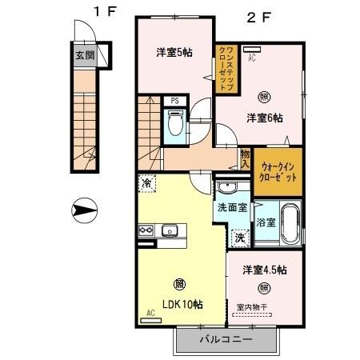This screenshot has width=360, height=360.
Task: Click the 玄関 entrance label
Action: (x=85, y=57)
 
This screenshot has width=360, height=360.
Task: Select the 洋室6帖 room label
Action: (x=264, y=118)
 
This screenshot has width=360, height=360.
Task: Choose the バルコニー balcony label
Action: (x=225, y=339)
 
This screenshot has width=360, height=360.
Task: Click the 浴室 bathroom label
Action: (x=266, y=222)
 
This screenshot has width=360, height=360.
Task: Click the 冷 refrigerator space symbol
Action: (x=146, y=183)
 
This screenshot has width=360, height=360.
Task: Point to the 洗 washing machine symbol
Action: (x=239, y=238)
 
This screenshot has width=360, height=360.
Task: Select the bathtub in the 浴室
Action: (x=290, y=224)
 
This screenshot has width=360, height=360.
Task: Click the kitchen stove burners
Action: (x=146, y=231)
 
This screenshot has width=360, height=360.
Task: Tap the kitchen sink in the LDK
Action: (x=170, y=232)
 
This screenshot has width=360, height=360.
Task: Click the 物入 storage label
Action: (x=246, y=157)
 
